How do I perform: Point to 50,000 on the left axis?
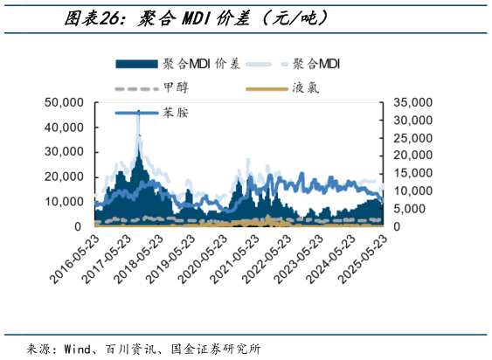[64, 102]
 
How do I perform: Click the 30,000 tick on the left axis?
[64, 152]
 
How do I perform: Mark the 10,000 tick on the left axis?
[64, 202]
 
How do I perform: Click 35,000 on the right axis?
[409, 102]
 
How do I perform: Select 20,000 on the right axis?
[409, 156]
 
